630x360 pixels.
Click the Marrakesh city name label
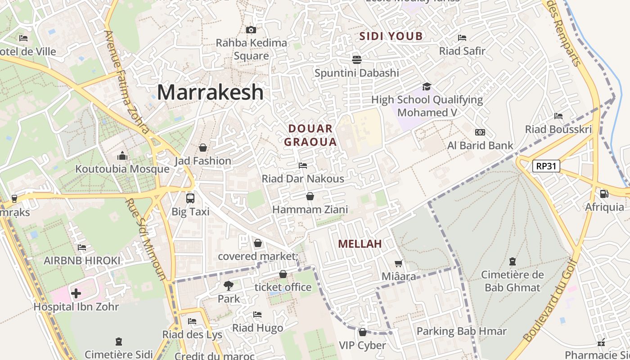210,92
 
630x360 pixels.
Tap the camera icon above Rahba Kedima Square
251,30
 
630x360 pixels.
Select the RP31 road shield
546,166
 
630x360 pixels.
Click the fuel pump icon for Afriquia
604,194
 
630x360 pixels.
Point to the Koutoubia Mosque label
122,169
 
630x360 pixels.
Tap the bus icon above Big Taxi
190,198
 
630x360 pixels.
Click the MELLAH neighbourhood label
360,244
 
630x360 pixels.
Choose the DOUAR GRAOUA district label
310,135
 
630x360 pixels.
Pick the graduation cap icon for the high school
426,86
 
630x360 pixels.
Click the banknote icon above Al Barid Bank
480,132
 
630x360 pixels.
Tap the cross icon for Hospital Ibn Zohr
76,293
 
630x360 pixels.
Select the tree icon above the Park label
229,285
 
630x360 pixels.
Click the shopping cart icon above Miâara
398,263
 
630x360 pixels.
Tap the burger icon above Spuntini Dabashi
357,59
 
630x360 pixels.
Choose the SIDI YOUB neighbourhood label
391,36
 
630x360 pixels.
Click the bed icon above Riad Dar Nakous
303,166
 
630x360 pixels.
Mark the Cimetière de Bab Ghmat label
513,281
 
